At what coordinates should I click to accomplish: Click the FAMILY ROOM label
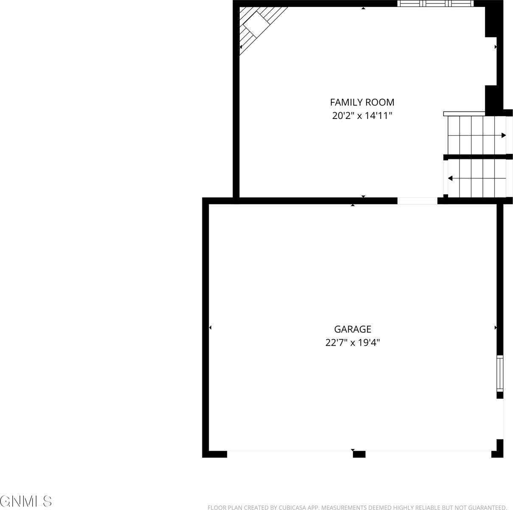[x=362, y=102]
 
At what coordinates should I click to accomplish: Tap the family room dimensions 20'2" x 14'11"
[x=362, y=116]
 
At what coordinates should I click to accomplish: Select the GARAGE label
[x=353, y=329]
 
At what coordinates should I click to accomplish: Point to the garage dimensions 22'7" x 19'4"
[x=353, y=343]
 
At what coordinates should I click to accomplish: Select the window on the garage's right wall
[x=500, y=374]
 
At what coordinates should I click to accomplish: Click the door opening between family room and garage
[x=417, y=201]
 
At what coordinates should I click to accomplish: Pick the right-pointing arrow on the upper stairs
[x=503, y=136]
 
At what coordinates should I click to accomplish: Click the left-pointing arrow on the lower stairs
[x=450, y=178]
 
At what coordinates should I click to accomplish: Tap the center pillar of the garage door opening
[x=359, y=454]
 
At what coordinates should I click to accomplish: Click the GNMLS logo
[x=26, y=501]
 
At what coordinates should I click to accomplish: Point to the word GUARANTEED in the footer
[x=485, y=507]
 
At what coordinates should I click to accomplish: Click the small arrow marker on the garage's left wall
[x=210, y=328]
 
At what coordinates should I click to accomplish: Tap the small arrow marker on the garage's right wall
[x=496, y=328]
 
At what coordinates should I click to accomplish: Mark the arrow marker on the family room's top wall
[x=363, y=8]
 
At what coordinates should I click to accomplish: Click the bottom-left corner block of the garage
[x=215, y=454]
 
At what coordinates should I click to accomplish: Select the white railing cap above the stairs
[x=464, y=113]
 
